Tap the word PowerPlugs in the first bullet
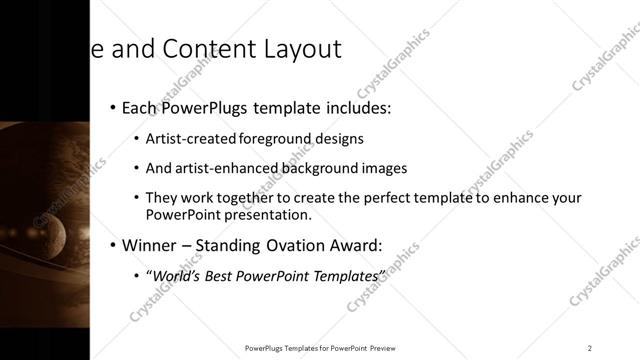coord(206,107)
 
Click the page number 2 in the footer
coord(589,348)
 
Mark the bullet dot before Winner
coord(112,245)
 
